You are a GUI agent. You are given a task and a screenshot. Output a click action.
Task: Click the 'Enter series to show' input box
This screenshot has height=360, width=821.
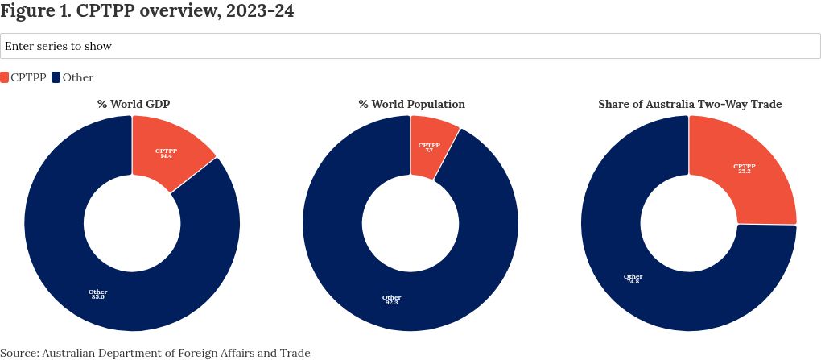tap(410, 46)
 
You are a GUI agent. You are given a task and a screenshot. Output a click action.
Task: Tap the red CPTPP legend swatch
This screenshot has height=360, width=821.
tap(5, 77)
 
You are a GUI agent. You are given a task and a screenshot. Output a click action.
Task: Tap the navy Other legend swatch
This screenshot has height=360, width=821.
tap(56, 77)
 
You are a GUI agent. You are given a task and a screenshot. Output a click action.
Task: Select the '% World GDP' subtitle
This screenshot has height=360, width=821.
tap(134, 105)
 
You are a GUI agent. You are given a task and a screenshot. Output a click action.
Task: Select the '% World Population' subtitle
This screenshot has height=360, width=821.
tap(411, 105)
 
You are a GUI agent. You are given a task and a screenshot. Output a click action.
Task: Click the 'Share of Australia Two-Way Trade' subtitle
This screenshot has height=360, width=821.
tap(690, 105)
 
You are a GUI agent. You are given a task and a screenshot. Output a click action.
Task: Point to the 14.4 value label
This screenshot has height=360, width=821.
tap(167, 155)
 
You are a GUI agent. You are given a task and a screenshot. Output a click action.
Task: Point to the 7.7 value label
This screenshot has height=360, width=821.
tap(429, 151)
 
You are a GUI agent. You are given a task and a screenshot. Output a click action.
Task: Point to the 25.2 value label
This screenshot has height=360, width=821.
tap(744, 172)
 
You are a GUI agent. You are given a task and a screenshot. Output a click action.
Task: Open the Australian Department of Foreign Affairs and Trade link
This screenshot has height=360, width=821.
tap(175, 353)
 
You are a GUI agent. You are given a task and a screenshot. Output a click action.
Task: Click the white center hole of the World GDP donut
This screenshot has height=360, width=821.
tap(132, 222)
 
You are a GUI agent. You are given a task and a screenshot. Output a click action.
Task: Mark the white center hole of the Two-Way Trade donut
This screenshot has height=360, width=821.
tap(689, 222)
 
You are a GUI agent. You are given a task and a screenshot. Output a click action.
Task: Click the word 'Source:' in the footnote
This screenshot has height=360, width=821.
tap(19, 353)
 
